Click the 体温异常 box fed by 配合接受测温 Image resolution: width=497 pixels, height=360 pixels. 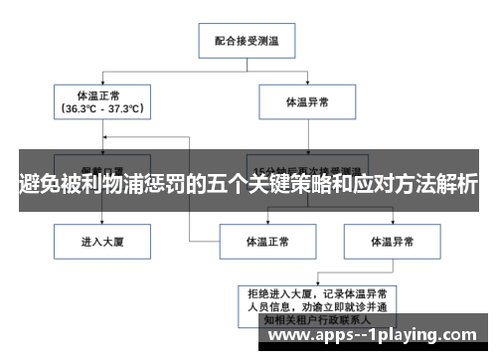(x=306, y=101)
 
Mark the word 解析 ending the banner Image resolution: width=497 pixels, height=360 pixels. (x=456, y=184)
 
